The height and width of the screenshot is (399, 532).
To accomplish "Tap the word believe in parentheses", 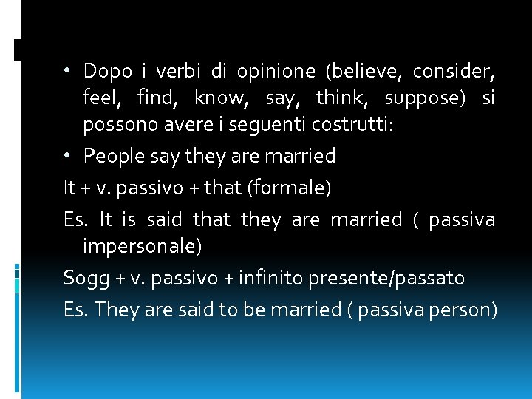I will [363, 72].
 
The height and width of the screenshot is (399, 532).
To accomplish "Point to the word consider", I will [453, 72].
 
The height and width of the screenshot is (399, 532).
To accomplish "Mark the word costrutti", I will [349, 126].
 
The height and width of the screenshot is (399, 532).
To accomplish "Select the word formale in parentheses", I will [290, 188].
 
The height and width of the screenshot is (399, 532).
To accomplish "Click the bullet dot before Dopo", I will [67, 72].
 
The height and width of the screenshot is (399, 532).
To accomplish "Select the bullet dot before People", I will [67, 156].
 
